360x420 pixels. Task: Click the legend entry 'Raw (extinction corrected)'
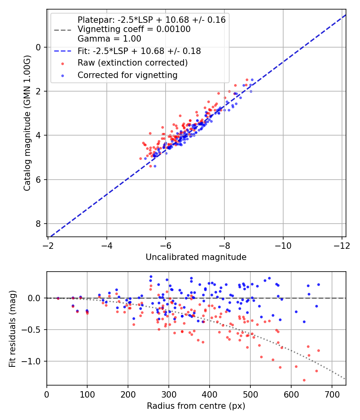pos(132,63)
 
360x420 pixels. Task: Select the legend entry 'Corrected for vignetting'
pos(127,75)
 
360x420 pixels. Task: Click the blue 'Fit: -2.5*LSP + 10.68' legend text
pos(139,51)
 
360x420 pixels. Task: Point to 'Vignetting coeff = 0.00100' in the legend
pos(134,29)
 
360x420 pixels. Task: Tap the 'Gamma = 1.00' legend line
pos(109,39)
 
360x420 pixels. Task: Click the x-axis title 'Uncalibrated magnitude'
pos(196,257)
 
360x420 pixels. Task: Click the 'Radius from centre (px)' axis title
pos(196,406)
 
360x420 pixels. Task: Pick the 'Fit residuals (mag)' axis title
pos(13,328)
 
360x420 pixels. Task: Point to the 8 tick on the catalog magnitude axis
pos(39,223)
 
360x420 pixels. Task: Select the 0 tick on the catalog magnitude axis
pos(39,47)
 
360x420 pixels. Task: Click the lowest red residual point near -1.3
pos(304,380)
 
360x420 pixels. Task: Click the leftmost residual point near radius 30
pos(58,298)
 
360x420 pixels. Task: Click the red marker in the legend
pos(62,63)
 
